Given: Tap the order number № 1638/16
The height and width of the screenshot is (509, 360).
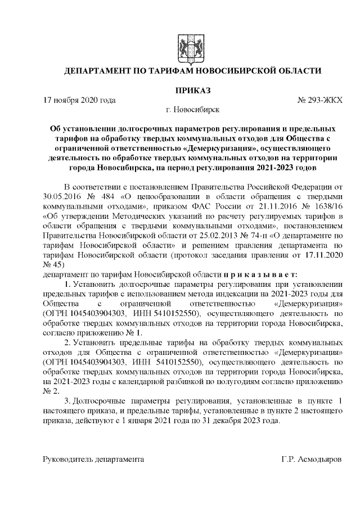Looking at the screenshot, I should [320, 217].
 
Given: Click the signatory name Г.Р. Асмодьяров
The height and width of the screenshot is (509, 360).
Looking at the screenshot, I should [311, 459].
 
